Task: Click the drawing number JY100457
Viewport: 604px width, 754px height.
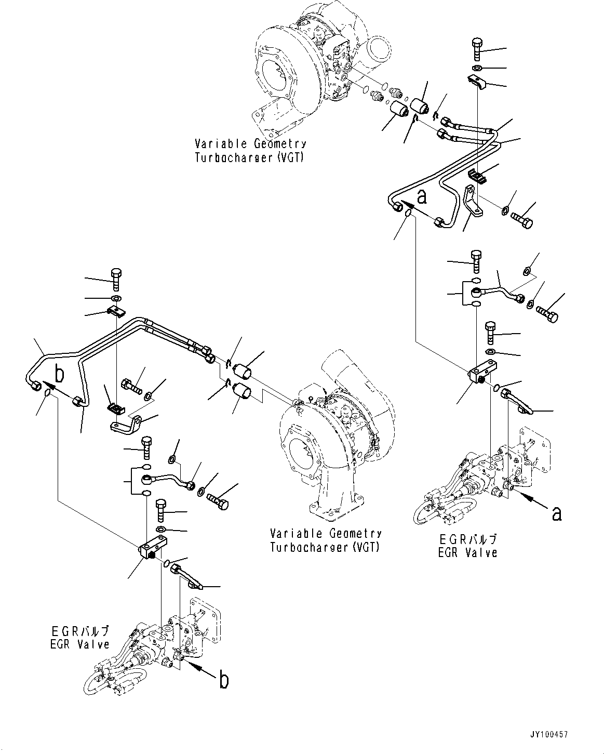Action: [548, 734]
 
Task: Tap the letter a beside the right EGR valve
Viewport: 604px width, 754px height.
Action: [556, 513]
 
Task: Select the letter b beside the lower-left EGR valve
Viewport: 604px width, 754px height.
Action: [223, 680]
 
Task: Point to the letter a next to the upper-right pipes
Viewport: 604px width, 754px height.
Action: [422, 197]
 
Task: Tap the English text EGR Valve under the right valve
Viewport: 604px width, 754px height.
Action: [467, 552]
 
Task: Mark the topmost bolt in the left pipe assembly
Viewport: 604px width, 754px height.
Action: [116, 281]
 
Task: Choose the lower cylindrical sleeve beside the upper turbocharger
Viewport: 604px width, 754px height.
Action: [399, 111]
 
